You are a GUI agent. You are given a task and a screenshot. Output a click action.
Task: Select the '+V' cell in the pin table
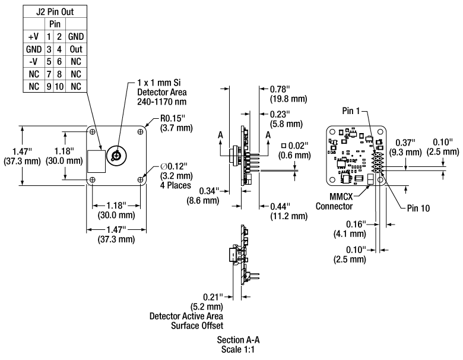(x=33, y=36)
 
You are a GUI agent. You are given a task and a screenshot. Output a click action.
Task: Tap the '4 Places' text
(x=175, y=185)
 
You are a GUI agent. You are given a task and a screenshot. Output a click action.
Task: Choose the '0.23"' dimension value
(x=280, y=114)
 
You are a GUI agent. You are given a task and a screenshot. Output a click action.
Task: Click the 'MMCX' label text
(x=345, y=197)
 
